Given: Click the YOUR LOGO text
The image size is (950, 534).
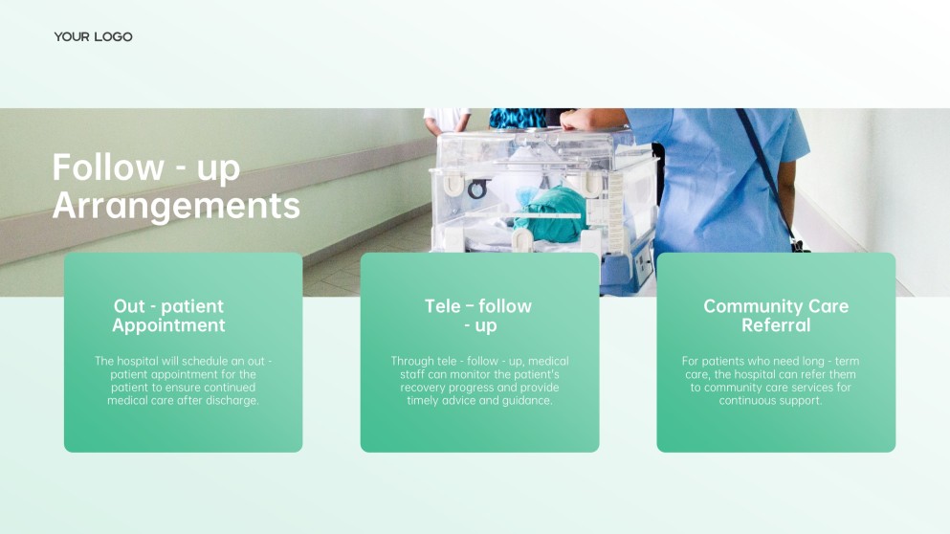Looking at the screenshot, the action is pos(94,37).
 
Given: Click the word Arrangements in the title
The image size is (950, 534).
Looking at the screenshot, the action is pos(176,206).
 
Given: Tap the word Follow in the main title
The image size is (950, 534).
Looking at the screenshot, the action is pos(108,167).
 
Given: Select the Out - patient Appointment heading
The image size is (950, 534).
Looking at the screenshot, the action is pos(168,316).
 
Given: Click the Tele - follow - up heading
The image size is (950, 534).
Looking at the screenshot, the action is pos(478,316).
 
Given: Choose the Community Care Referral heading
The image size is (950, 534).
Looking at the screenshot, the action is pos(776,316).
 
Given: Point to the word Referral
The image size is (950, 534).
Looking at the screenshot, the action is pos(776,325).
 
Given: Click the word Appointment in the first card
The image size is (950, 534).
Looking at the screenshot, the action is pos(168,326).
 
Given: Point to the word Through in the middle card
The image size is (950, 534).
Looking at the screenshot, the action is pos(411,361).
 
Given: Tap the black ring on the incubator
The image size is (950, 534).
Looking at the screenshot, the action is pos(476,189).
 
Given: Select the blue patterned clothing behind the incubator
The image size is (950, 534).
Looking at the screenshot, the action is pos(517,118).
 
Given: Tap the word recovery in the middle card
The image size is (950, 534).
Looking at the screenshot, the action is pos(422,388).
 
